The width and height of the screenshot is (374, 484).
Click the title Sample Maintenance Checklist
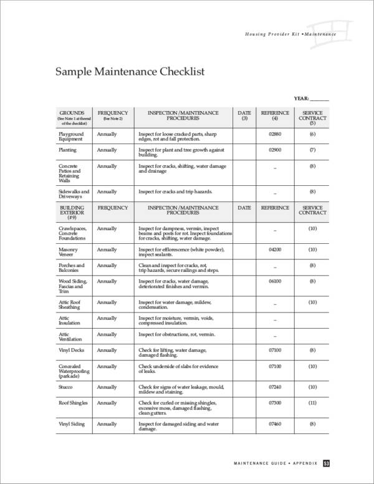pyautogui.click(x=130, y=72)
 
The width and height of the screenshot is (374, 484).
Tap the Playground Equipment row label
pyautogui.click(x=71, y=137)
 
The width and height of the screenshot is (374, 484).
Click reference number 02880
pyautogui.click(x=275, y=134)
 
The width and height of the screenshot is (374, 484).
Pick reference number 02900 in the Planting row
pyautogui.click(x=275, y=150)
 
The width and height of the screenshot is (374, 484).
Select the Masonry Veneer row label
pyautogui.click(x=69, y=252)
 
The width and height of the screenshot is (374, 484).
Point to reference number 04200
pyautogui.click(x=275, y=249)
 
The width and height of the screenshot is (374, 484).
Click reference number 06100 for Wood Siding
pyautogui.click(x=275, y=281)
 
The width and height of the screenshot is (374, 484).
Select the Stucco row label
pyautogui.click(x=67, y=387)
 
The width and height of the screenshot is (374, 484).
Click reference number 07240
pyautogui.click(x=275, y=387)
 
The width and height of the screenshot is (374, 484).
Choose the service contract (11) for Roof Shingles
pyautogui.click(x=312, y=403)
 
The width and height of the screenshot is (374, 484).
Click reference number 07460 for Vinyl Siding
pyautogui.click(x=275, y=424)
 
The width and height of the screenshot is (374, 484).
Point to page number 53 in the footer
pyautogui.click(x=327, y=463)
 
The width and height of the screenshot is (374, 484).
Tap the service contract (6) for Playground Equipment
pyautogui.click(x=312, y=134)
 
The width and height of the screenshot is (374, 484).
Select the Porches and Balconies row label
pyautogui.click(x=69, y=268)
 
